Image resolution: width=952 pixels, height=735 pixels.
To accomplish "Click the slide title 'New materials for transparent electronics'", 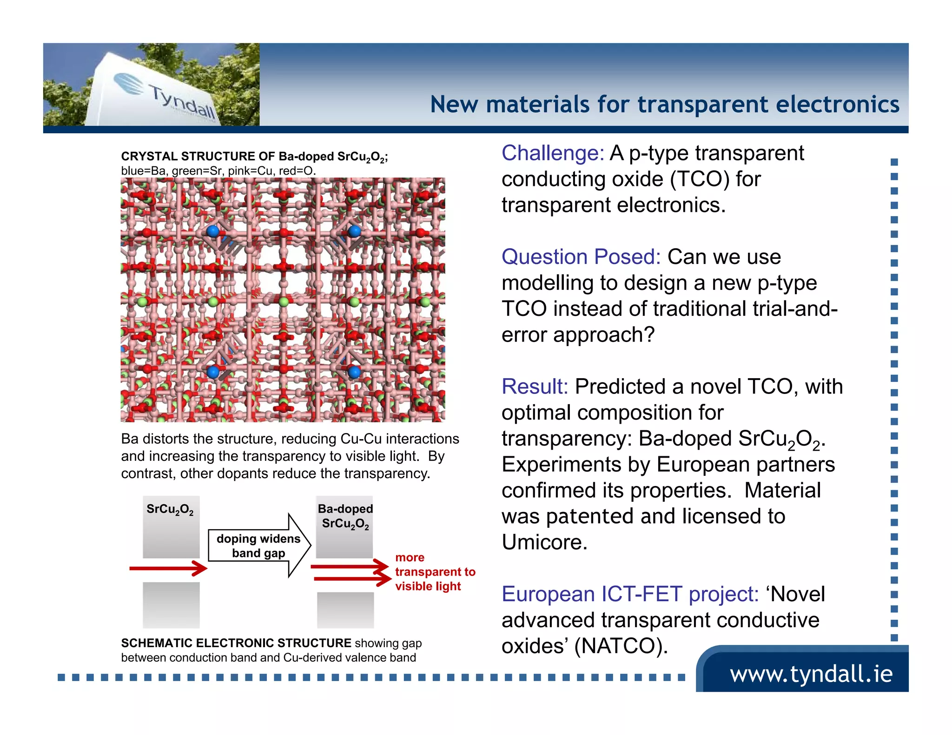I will (x=664, y=104).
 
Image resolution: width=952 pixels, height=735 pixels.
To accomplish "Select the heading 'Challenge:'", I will (x=552, y=153).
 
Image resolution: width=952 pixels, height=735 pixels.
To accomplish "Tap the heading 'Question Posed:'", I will (x=581, y=257).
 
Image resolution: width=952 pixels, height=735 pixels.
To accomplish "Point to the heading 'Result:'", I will (x=535, y=387).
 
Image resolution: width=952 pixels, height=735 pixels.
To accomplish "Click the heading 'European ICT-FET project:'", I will (x=630, y=594).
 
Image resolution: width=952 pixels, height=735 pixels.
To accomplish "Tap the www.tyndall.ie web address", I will (x=811, y=674).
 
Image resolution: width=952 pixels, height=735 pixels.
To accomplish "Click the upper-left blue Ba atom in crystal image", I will (x=213, y=231).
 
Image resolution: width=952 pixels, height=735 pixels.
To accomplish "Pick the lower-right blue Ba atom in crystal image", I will (x=354, y=372).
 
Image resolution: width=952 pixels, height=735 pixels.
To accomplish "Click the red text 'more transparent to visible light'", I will (x=434, y=572).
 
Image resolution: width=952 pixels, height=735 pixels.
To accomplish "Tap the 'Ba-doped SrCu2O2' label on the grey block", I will (x=345, y=516).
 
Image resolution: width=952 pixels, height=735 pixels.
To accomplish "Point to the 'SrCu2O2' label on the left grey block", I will (x=170, y=509).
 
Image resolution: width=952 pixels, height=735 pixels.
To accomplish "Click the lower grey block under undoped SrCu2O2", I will (x=171, y=605).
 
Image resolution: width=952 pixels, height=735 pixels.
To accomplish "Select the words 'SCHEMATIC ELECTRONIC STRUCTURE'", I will (x=236, y=643).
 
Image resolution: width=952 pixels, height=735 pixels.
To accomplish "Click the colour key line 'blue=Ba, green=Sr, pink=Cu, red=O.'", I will (x=218, y=171).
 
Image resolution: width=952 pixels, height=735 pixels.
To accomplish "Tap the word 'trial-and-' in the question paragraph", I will (x=785, y=309).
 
